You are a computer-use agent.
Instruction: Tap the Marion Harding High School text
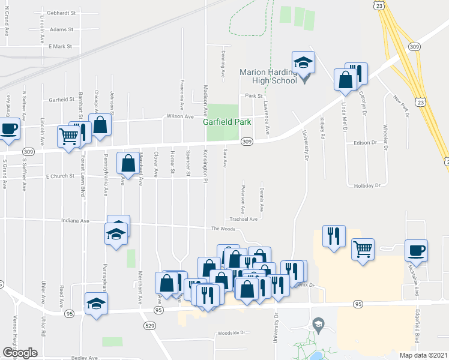click(268, 76)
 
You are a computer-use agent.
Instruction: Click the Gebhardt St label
click(63, 13)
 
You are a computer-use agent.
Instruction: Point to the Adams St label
click(62, 29)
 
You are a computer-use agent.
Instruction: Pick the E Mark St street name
click(60, 46)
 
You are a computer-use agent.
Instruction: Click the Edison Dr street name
click(364, 143)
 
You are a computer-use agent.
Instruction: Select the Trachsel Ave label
click(243, 220)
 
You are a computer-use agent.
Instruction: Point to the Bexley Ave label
click(83, 358)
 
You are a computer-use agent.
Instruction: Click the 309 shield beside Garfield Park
click(246, 142)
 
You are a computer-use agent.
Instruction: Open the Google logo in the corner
click(20, 352)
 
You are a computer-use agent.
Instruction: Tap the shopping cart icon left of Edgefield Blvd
click(363, 248)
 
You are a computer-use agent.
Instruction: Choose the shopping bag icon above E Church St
click(128, 163)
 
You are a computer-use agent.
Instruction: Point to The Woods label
click(223, 229)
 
